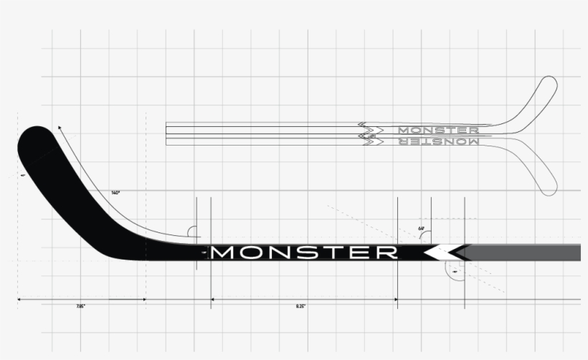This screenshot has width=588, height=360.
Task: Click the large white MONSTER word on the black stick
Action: point(305,252)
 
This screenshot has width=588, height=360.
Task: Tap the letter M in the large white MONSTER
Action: point(227,252)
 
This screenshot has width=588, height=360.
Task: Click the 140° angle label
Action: point(115,193)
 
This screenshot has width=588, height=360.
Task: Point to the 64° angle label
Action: point(422,229)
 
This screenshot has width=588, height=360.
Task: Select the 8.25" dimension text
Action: point(301,307)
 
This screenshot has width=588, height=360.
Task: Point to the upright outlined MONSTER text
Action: point(438,130)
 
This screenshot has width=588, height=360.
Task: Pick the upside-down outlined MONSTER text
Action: point(438,141)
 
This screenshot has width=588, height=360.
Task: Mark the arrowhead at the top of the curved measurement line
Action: point(59,127)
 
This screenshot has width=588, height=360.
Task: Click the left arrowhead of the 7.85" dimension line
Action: point(19,299)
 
